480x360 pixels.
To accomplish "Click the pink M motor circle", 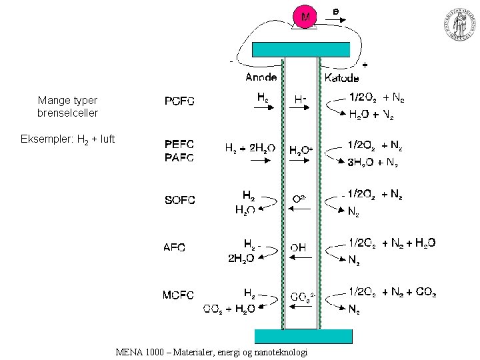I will pyautogui.click(x=304, y=17).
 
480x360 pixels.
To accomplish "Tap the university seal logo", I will pyautogui.click(x=459, y=27).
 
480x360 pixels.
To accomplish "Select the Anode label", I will pyautogui.click(x=261, y=77).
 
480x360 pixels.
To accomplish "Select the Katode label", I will pyautogui.click(x=341, y=77).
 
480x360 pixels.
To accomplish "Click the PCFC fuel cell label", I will pyautogui.click(x=179, y=101).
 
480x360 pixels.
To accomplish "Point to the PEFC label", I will pyautogui.click(x=179, y=144).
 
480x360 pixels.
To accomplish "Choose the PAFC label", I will pyautogui.click(x=179, y=157).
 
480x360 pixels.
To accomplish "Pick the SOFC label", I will pyautogui.click(x=179, y=200).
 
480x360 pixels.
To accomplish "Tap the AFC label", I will pyautogui.click(x=175, y=247).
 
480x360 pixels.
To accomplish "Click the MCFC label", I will pyautogui.click(x=179, y=295).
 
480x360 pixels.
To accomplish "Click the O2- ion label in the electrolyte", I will pyautogui.click(x=299, y=199).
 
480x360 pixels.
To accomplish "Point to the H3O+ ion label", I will pyautogui.click(x=301, y=151).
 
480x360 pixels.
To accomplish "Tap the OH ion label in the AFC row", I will pyautogui.click(x=297, y=247).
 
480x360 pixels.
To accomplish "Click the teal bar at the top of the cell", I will pyautogui.click(x=301, y=49).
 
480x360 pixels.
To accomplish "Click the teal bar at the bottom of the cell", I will pyautogui.click(x=303, y=335).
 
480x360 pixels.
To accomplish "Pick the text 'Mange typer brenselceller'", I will pyautogui.click(x=67, y=107).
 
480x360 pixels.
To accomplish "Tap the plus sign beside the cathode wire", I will pyautogui.click(x=365, y=65).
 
